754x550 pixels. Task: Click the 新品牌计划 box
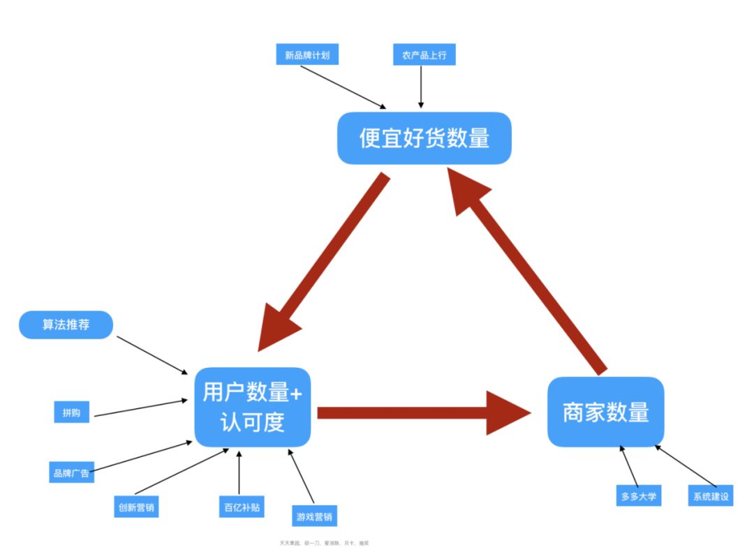(307, 55)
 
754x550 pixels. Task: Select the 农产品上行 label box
(424, 55)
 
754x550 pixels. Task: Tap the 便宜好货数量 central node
(424, 138)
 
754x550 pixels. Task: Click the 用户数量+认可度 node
(252, 407)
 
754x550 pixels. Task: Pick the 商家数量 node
(605, 412)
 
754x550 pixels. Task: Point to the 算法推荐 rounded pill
(66, 325)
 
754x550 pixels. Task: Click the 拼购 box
(71, 412)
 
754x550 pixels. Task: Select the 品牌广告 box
(71, 473)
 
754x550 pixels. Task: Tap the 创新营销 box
(135, 507)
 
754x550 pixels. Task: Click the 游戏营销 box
(314, 517)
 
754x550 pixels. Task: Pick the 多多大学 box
(638, 496)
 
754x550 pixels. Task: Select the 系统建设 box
(711, 496)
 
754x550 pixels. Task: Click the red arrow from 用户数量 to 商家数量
(419, 412)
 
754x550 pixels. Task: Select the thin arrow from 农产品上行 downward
(421, 87)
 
